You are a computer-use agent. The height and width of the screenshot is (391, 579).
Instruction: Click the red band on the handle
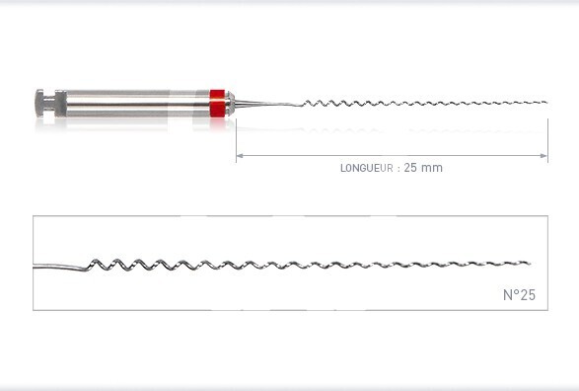217,104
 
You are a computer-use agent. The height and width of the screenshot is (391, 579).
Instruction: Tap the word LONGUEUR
367,168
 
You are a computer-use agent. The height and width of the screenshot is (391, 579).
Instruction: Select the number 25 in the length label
410,168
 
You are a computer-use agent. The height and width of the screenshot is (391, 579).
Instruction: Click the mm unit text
431,169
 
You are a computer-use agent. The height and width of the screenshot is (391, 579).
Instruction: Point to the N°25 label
519,295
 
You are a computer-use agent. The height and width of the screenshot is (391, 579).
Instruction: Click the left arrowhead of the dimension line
240,156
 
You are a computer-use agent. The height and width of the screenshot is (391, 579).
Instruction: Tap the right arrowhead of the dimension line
543,156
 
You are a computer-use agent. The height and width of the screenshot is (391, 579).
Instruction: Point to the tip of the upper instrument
546,103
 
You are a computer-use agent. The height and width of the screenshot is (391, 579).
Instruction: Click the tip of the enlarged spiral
529,264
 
